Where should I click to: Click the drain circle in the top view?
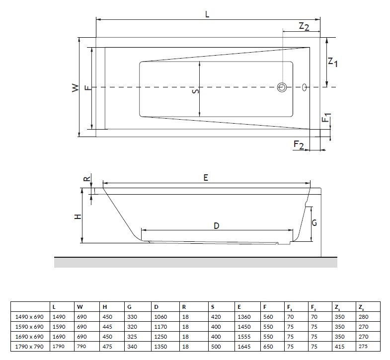282,87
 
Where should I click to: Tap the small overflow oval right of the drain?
304,87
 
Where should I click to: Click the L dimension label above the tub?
207,14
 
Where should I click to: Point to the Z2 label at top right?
304,26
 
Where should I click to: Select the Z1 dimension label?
332,62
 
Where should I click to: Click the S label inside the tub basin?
196,91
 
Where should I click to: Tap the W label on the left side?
75,88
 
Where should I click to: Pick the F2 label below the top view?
299,144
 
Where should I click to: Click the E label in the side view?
206,177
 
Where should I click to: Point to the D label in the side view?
217,226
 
